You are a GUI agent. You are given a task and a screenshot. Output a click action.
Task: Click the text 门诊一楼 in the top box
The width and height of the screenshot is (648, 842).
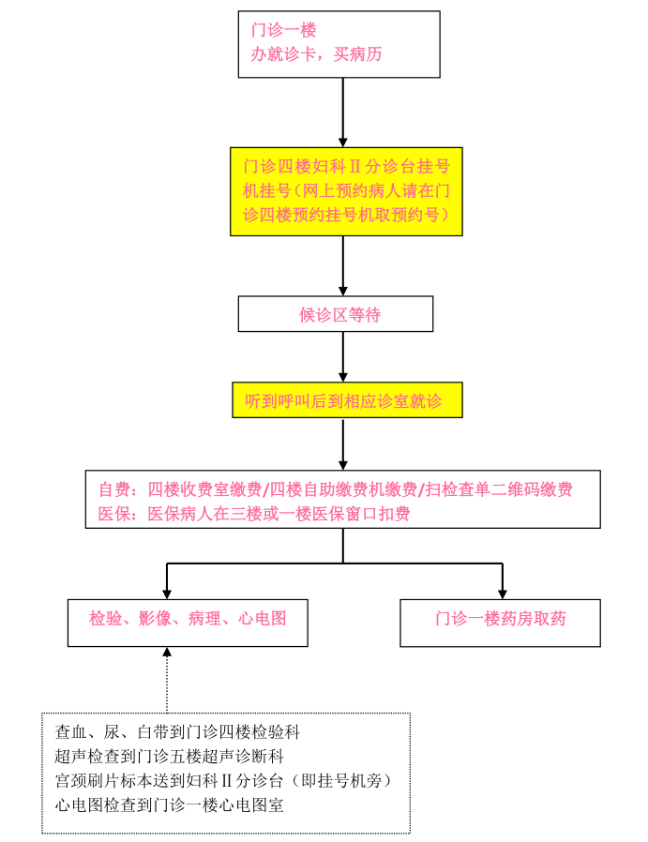283,29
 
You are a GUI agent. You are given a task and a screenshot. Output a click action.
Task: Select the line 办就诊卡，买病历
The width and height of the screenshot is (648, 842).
316,53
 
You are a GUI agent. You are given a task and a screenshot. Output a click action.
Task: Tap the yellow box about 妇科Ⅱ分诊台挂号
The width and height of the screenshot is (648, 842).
346,191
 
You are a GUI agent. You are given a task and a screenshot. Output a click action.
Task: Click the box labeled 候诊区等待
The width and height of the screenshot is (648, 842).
336,313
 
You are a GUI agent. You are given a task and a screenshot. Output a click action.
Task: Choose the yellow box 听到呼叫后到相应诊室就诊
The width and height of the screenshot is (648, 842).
347,400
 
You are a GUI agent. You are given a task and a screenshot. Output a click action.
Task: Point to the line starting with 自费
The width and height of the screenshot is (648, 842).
336,489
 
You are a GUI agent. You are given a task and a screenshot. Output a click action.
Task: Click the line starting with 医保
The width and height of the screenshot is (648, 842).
254,514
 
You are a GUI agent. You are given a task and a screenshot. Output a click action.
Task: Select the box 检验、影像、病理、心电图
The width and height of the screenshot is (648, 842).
188,623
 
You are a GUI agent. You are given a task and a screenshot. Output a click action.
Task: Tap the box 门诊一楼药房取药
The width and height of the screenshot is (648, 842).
501,623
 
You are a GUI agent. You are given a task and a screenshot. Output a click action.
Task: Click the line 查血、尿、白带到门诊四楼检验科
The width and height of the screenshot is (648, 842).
177,732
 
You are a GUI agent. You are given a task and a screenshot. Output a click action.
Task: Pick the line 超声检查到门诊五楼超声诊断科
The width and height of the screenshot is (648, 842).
169,756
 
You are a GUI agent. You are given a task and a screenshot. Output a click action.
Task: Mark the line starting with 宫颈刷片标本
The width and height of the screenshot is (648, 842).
224,780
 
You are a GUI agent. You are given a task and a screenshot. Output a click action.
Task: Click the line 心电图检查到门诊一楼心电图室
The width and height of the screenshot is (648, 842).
169,804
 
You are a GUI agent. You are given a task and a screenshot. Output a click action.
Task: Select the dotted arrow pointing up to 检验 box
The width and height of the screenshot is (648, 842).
167,680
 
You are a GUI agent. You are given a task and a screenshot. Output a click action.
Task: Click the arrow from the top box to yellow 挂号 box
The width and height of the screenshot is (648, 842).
343,113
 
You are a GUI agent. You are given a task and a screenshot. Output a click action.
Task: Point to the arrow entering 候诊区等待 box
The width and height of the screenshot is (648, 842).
343,265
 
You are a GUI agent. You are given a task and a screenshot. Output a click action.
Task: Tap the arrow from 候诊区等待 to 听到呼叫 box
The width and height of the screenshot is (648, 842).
343,357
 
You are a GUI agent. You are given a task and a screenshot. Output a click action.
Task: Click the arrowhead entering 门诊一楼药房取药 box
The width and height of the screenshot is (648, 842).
503,594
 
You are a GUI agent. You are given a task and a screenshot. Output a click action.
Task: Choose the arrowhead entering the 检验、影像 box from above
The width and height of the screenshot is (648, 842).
167,594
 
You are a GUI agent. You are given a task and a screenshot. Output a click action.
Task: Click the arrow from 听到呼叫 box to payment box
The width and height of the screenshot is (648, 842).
343,444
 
